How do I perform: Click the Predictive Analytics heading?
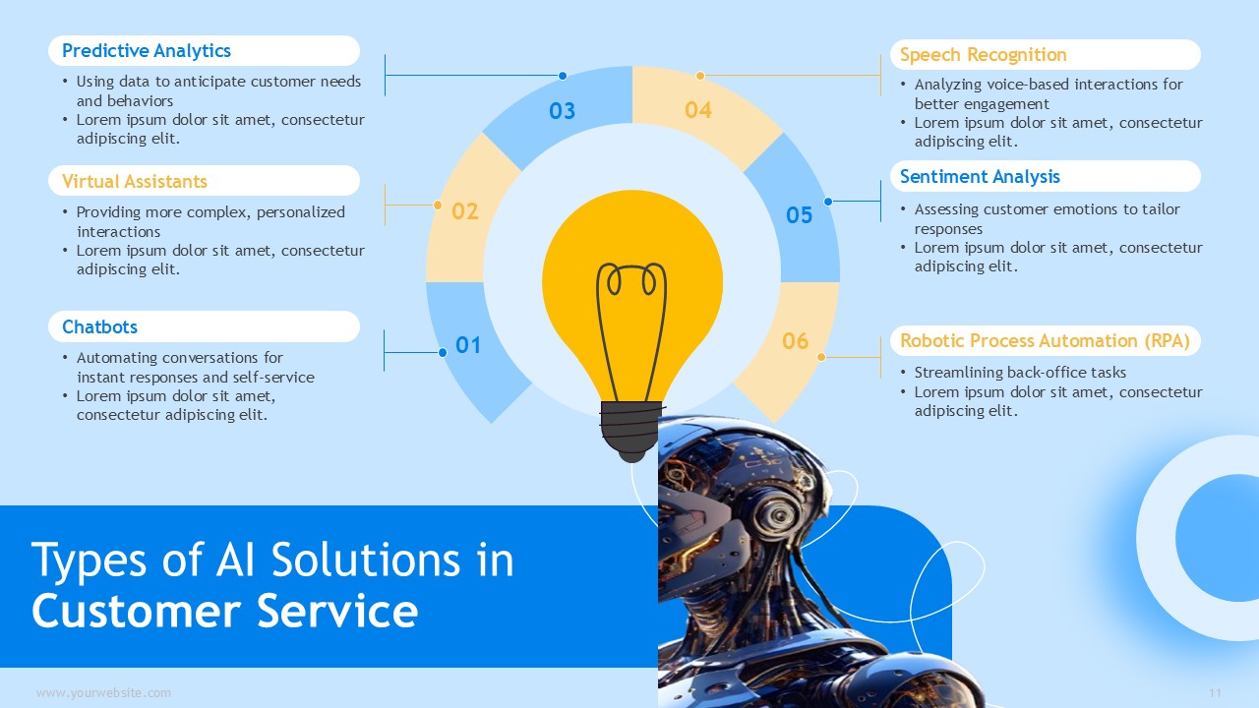tap(147, 51)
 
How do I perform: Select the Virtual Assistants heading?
tap(135, 182)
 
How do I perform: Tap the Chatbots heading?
tap(99, 327)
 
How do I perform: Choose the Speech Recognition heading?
tap(983, 55)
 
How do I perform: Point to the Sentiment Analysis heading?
tap(980, 177)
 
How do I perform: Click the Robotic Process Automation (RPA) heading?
tap(1045, 341)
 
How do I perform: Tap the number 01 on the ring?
tap(467, 345)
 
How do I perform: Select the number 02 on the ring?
tap(465, 211)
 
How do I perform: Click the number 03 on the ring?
tap(562, 111)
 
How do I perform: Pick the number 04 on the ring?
tap(698, 110)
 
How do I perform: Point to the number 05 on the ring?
tap(799, 215)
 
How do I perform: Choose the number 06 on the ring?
tap(795, 341)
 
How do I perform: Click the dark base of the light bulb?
tap(631, 431)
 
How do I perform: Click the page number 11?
tap(1215, 693)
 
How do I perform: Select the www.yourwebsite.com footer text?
tap(103, 693)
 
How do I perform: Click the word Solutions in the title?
tap(365, 560)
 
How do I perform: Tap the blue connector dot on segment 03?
tap(562, 76)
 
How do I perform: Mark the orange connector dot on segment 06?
tap(821, 357)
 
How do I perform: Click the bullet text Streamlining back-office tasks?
tap(1020, 373)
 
